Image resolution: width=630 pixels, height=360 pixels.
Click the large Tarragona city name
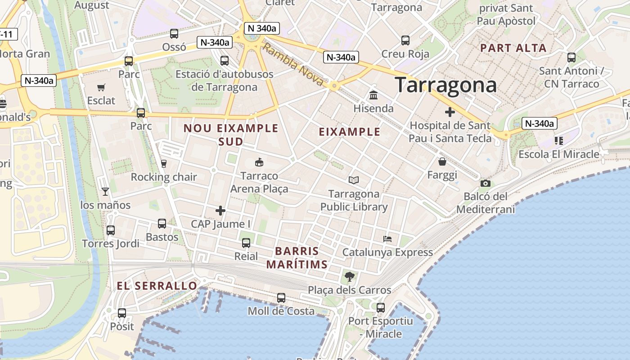445,85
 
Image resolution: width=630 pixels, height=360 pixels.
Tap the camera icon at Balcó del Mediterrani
485,183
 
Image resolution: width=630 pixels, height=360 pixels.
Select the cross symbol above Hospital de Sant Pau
450,112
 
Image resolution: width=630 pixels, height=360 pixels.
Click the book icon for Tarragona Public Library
354,180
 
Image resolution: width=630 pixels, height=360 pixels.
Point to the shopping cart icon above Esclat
101,87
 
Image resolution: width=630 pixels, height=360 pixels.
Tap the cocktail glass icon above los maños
105,192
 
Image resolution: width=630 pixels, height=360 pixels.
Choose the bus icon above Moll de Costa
281,298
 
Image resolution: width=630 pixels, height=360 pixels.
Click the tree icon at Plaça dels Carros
349,277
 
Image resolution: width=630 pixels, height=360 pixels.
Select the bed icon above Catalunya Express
387,238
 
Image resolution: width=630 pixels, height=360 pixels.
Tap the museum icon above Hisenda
373,95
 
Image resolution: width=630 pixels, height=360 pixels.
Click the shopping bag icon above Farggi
442,162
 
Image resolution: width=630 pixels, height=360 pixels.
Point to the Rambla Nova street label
292,64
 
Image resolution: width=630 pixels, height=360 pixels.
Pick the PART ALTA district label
513,48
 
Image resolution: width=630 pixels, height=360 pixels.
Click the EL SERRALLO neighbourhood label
157,286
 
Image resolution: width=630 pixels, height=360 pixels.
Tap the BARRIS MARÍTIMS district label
297,257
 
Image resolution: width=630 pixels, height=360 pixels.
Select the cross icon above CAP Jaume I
220,210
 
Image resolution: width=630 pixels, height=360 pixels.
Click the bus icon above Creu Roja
405,40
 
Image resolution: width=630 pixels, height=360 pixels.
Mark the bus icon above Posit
122,313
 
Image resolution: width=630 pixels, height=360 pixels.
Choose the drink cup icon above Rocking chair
164,164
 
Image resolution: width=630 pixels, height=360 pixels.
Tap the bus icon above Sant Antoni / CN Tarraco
571,58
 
